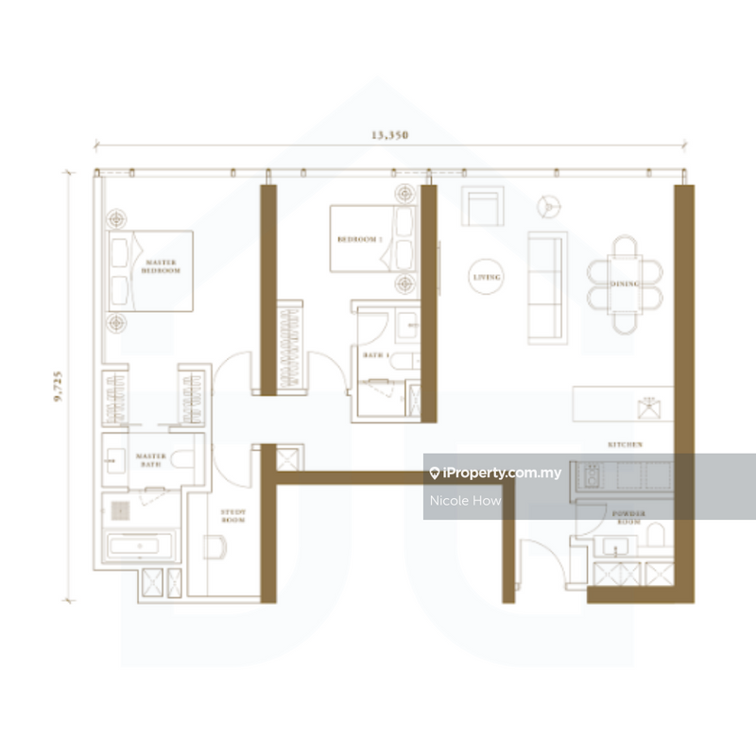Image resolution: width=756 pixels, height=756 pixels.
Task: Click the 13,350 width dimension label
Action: (x=389, y=135)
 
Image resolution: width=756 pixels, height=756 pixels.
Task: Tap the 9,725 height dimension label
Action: (x=60, y=387)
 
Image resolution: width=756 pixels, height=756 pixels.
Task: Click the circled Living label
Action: (x=488, y=277)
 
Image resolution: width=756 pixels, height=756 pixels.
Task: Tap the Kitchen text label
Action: (x=626, y=444)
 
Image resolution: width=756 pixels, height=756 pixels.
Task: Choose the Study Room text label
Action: (x=233, y=516)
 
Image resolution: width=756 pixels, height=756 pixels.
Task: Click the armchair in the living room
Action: (x=483, y=206)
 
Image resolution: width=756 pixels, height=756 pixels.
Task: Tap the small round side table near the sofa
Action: (x=547, y=206)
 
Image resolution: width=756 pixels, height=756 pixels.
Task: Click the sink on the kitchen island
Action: (x=649, y=409)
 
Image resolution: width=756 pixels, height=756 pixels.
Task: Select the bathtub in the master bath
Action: (x=140, y=547)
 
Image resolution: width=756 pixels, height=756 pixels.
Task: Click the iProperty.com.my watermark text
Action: (x=500, y=473)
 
